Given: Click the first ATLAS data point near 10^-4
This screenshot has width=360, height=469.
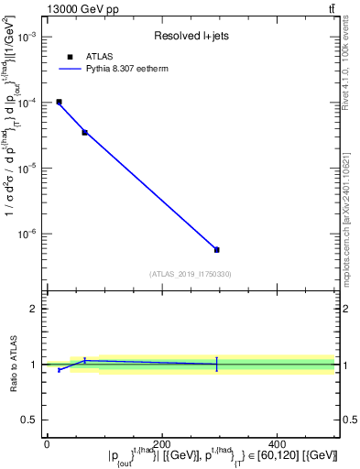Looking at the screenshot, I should pyautogui.click(x=59, y=102).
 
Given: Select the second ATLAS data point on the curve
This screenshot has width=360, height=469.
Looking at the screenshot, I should pyautogui.click(x=84, y=132).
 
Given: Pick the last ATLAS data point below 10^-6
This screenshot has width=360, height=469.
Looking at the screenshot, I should pyautogui.click(x=216, y=249).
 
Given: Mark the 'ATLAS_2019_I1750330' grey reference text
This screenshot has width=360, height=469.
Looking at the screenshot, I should pyautogui.click(x=191, y=274).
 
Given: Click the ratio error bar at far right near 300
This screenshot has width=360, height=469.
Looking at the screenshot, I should pyautogui.click(x=216, y=364).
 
